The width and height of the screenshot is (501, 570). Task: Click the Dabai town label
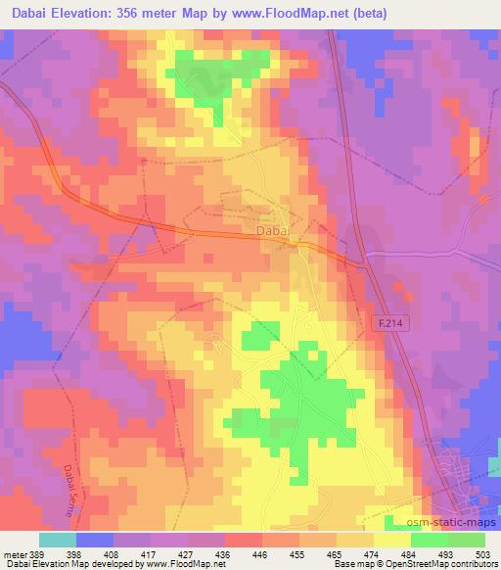pyautogui.click(x=274, y=230)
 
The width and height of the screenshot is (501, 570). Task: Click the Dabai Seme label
pyautogui.click(x=74, y=489)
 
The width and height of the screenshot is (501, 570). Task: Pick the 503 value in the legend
pyautogui.click(x=483, y=553)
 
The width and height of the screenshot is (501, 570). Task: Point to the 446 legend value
pyautogui.click(x=259, y=553)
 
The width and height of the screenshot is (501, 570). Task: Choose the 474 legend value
pyautogui.click(x=372, y=553)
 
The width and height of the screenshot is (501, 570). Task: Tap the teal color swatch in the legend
pyautogui.click(x=57, y=540)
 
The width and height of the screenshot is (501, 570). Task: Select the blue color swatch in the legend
pyautogui.click(x=94, y=540)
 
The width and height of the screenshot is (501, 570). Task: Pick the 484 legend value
pyautogui.click(x=409, y=553)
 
